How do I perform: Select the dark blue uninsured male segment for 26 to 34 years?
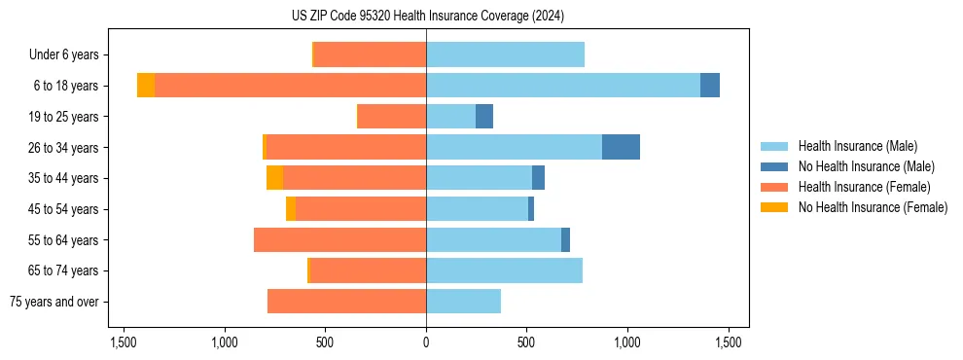(621, 147)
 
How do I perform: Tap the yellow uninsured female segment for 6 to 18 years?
(146, 86)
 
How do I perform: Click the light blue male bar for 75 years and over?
(463, 302)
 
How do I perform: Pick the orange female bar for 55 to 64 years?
(339, 239)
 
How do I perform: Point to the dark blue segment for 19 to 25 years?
(484, 117)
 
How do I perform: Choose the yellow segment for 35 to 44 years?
(275, 178)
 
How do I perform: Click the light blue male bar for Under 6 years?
(505, 54)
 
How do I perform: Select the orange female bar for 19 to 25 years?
(392, 117)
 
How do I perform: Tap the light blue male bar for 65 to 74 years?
(504, 270)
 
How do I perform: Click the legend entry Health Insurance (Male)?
(856, 146)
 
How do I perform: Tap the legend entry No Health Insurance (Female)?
(871, 207)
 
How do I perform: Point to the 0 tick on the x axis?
(426, 342)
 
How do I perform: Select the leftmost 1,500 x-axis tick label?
(124, 342)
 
